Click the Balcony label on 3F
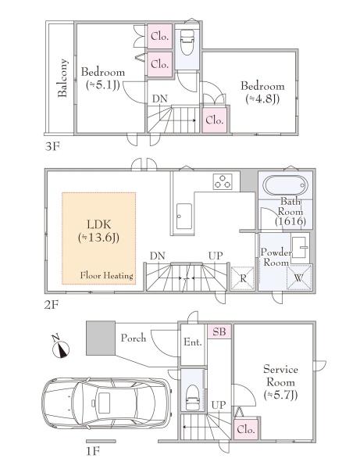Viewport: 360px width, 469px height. click(62, 77)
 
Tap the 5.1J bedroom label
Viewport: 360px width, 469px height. click(103, 79)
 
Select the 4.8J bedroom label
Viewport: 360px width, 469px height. click(262, 92)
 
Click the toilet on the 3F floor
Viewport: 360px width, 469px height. click(187, 42)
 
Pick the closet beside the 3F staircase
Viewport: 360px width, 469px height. click(214, 120)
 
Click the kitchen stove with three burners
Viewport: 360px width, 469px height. click(223, 181)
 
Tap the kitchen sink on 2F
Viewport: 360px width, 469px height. click(184, 217)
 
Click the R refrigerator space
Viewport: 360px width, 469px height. click(243, 278)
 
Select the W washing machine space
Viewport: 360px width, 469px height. click(299, 277)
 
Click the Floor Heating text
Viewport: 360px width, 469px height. click(107, 275)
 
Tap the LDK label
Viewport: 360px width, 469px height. click(98, 231)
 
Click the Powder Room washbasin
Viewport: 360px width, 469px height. click(299, 247)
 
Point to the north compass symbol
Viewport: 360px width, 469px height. click(61, 347)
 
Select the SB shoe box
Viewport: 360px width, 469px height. click(219, 331)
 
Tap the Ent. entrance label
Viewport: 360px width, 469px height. click(193, 342)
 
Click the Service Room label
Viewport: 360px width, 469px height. click(280, 382)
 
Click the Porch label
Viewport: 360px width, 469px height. click(134, 338)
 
